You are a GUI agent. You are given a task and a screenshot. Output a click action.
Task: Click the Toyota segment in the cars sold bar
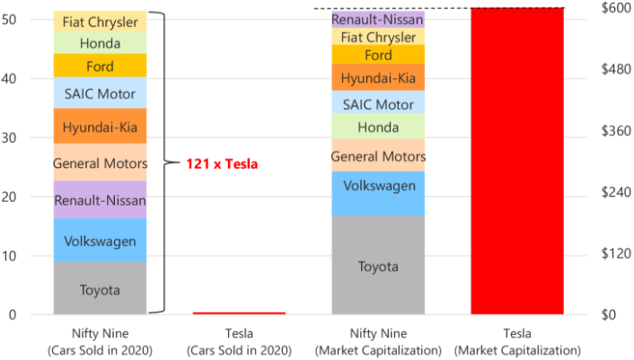click(100, 289)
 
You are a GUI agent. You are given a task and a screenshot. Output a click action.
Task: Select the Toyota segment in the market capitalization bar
click(378, 266)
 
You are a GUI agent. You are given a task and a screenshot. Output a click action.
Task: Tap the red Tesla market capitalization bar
click(517, 162)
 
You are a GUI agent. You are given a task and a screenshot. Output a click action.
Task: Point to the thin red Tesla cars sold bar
click(239, 313)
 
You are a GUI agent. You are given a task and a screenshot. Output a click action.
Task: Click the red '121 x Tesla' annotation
click(222, 164)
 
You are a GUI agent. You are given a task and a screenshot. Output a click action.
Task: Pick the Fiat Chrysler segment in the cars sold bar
click(100, 21)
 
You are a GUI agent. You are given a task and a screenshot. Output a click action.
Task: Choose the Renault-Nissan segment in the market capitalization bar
click(378, 19)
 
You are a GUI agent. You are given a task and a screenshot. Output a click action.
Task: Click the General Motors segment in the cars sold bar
click(100, 163)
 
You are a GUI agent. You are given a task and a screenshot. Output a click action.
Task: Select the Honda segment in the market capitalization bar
click(378, 127)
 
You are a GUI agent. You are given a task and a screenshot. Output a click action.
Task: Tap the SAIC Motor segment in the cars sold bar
click(100, 93)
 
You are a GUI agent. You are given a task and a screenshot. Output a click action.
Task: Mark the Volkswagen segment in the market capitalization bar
click(378, 186)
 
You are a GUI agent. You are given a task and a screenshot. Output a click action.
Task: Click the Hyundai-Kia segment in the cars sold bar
click(100, 127)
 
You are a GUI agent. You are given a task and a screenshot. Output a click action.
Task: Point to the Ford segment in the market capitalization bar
click(378, 56)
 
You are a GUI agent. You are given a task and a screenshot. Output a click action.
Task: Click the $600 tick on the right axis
click(612, 8)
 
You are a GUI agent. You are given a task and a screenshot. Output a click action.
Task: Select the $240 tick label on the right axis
click(612, 192)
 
